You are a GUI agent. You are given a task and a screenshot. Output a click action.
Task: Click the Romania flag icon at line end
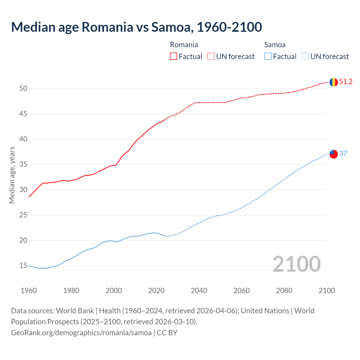coord(334,82)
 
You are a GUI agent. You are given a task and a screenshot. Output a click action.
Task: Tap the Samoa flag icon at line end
coord(334,154)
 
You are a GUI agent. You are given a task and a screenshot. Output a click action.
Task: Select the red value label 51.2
coord(346,82)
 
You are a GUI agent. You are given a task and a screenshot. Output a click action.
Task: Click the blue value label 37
coord(343,154)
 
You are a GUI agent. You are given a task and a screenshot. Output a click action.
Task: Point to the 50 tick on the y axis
coord(23,89)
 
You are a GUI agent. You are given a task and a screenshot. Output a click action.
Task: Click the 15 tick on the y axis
coord(23,266)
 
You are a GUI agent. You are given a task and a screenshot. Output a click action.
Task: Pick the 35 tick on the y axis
coord(23,165)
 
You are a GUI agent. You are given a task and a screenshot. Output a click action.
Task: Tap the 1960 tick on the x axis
coord(29,291)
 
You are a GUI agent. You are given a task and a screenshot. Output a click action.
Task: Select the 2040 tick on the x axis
coord(199,291)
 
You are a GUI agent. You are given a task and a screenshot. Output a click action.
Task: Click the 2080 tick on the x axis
coord(284,291)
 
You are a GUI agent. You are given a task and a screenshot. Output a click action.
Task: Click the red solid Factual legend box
coord(174,57)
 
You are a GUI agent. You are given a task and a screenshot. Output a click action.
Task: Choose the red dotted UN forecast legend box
coord(211,57)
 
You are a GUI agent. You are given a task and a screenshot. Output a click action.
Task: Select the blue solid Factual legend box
coord(268,57)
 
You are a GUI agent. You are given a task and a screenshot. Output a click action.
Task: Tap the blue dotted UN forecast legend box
coord(305,57)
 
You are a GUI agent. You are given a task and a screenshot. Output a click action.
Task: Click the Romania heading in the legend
coord(184,45)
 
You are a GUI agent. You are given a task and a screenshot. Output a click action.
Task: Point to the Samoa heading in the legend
coord(275,45)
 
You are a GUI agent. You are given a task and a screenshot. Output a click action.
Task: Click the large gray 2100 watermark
coord(296,264)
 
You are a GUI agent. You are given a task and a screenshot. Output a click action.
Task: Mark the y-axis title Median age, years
coord(12,175)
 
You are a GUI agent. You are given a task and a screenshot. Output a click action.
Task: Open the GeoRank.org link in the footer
coord(81,333)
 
